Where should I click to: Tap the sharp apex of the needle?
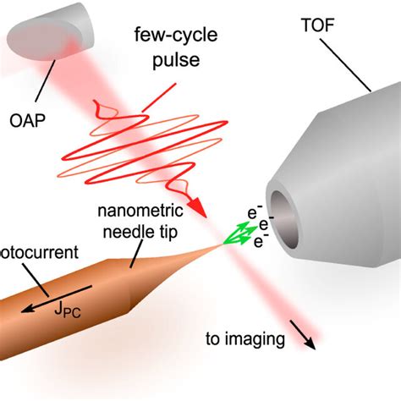click(x=226, y=246)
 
